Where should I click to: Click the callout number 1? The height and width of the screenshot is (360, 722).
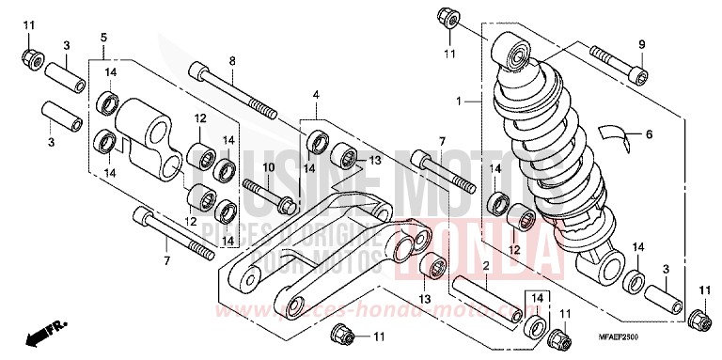point(460,100)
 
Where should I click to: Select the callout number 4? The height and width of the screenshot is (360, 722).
point(317,95)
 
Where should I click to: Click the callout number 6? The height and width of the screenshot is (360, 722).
point(647,134)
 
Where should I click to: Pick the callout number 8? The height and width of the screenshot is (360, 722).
point(230,62)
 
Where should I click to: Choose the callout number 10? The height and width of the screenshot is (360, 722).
point(242,167)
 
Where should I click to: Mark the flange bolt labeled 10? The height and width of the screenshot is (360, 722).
point(269,193)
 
